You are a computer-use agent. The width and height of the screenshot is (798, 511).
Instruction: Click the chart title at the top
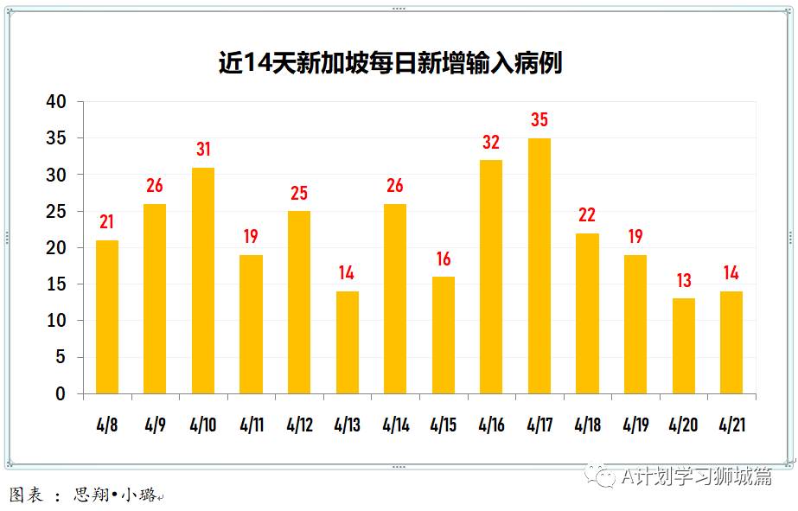(390, 63)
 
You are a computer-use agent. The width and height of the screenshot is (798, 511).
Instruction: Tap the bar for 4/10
(202, 280)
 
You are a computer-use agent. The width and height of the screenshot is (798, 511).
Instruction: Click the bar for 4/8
(106, 316)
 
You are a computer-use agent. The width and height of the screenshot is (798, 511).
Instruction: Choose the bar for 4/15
(443, 335)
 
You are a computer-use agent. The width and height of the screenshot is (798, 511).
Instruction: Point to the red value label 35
(539, 120)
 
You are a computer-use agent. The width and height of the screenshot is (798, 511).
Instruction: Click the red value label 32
(491, 143)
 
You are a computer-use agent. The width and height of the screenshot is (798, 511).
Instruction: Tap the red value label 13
(682, 281)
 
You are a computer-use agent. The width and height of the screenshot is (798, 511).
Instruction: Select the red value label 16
(443, 259)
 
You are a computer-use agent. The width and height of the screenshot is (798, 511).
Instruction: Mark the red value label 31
(202, 150)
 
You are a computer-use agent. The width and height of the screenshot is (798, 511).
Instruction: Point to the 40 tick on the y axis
(55, 102)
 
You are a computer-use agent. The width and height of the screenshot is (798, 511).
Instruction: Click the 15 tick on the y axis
(55, 284)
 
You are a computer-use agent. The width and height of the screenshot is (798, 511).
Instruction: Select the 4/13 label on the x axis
(347, 425)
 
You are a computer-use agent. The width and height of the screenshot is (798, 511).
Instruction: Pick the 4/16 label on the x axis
(491, 425)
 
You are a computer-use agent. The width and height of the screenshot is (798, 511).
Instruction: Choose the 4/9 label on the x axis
(155, 425)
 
